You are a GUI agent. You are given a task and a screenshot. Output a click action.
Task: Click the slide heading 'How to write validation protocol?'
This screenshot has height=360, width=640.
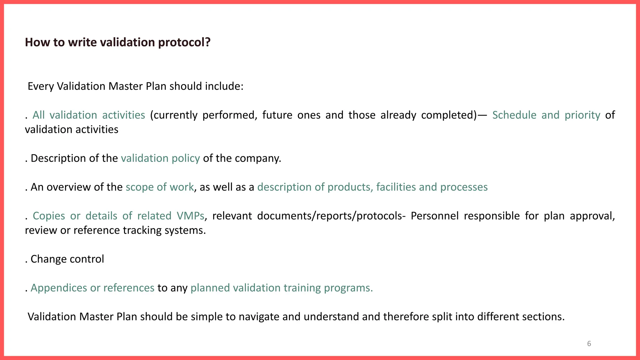[x=117, y=42]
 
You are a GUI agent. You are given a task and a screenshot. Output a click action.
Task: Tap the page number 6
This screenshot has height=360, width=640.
[x=589, y=344]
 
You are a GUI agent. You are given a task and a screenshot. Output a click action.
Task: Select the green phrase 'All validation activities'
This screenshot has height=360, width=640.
[x=89, y=115]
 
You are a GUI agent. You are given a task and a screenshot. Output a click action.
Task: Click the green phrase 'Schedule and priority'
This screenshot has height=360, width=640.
[x=546, y=115]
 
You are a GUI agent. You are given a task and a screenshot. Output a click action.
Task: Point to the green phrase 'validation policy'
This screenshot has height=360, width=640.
[x=160, y=158]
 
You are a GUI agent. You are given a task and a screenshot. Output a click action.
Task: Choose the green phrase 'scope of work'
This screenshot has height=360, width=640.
[x=160, y=187]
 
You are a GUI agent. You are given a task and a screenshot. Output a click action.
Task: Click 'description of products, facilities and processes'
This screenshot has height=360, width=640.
[x=372, y=187]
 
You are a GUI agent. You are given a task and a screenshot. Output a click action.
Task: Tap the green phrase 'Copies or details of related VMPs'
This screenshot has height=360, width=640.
[x=118, y=216]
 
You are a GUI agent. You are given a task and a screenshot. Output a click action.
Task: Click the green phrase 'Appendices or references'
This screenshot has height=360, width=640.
[x=92, y=288]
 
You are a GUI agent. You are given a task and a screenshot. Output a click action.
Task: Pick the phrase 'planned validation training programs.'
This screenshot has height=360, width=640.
[x=282, y=288]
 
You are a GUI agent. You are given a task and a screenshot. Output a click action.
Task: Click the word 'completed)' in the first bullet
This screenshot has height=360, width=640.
[x=449, y=115]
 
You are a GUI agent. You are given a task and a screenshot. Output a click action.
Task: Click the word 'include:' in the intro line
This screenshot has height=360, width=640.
[x=224, y=86]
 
